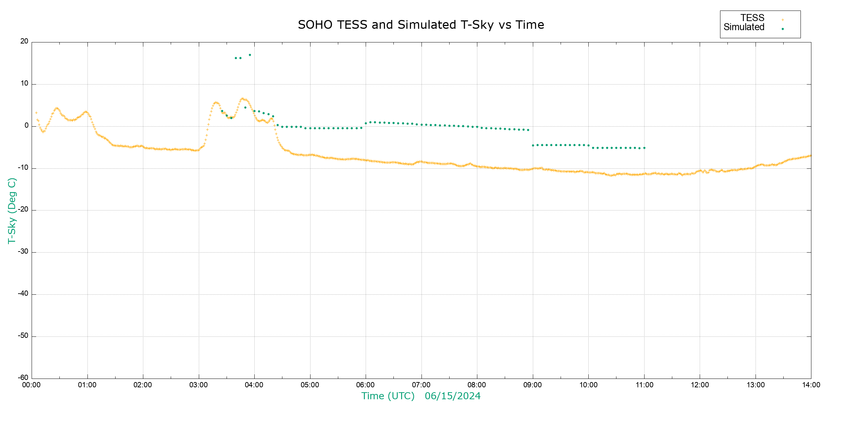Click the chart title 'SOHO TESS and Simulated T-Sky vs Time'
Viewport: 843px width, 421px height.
click(x=421, y=25)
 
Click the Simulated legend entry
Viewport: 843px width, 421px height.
click(x=744, y=27)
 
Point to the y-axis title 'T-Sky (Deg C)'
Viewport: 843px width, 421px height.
click(x=12, y=210)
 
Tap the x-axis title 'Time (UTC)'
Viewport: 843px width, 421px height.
click(x=388, y=396)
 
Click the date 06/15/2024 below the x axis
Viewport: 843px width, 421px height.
click(x=452, y=396)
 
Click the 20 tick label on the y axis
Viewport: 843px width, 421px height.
click(x=24, y=41)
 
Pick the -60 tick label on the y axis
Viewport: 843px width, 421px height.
click(x=23, y=378)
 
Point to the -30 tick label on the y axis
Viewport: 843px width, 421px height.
click(x=23, y=252)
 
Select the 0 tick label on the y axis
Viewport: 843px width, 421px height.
click(x=26, y=126)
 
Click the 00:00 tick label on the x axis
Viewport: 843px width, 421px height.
click(x=32, y=385)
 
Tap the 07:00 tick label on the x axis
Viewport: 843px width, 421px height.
click(x=421, y=385)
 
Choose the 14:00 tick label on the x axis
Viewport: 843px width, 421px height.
click(x=811, y=385)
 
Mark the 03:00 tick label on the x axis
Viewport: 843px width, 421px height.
click(x=198, y=385)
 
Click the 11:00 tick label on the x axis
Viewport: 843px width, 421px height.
click(x=644, y=385)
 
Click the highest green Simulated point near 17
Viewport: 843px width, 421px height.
click(x=250, y=55)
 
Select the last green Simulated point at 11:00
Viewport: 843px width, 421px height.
click(x=644, y=148)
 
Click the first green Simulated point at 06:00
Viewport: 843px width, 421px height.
click(x=366, y=123)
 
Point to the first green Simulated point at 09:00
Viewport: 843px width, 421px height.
click(x=533, y=145)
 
